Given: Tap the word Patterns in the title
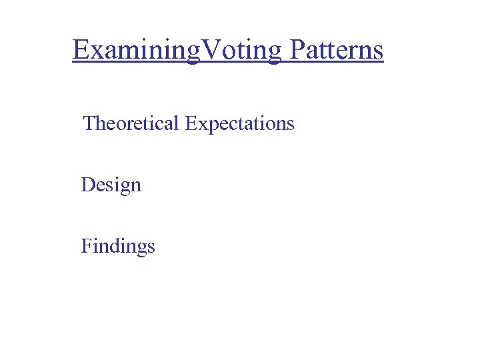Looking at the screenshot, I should (x=336, y=50).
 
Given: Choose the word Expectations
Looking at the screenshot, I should (x=240, y=123).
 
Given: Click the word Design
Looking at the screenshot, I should (x=111, y=185).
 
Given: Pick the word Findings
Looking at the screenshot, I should (x=118, y=246).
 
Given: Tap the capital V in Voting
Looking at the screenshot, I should (x=213, y=49).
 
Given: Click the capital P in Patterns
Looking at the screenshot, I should (x=297, y=49).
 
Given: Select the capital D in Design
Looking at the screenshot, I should (x=87, y=184).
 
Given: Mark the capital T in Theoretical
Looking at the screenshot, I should (x=89, y=123).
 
